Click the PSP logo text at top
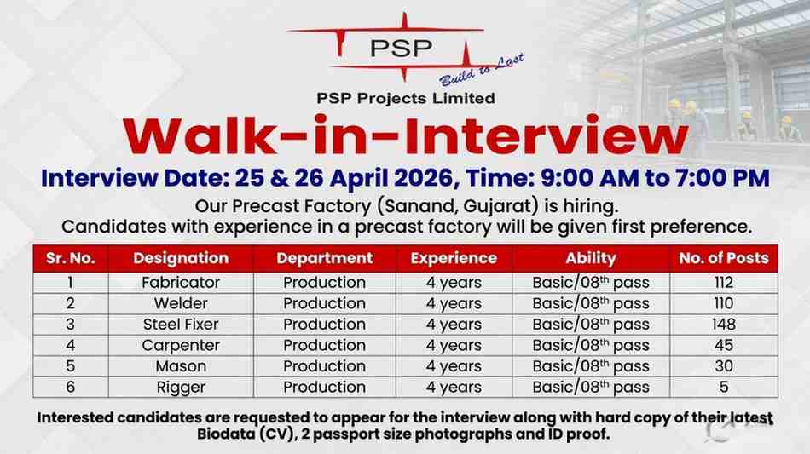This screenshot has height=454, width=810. pyautogui.click(x=400, y=49)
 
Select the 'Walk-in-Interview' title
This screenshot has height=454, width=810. pyautogui.click(x=405, y=136)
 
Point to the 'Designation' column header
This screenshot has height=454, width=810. pyautogui.click(x=181, y=258)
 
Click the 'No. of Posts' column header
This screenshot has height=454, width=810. pyautogui.click(x=723, y=258)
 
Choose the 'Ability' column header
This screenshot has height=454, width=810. pyautogui.click(x=590, y=258)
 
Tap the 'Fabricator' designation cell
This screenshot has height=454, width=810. pyautogui.click(x=181, y=282)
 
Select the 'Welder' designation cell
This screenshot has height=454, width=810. pyautogui.click(x=181, y=303)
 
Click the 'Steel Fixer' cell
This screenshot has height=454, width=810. pyautogui.click(x=181, y=325)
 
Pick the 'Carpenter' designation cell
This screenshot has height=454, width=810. pyautogui.click(x=181, y=346)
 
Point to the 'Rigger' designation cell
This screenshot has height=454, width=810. pyautogui.click(x=181, y=388)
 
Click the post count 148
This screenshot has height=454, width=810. pyautogui.click(x=723, y=325)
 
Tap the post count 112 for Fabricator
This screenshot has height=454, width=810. pyautogui.click(x=723, y=282)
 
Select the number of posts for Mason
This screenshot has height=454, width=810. pyautogui.click(x=723, y=366)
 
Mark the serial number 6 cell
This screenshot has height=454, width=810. pyautogui.click(x=71, y=388)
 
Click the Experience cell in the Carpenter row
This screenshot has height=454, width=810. pyautogui.click(x=454, y=346)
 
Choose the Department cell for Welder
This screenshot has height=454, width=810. pyautogui.click(x=324, y=303)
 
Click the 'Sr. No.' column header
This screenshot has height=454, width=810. pyautogui.click(x=71, y=258)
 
